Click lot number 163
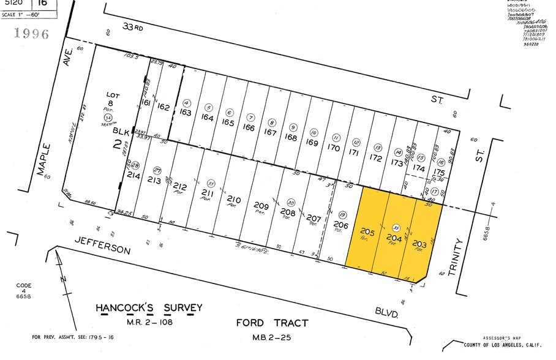click(186, 112)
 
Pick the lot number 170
click(333, 147)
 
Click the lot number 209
click(261, 206)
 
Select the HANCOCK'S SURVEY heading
click(149, 307)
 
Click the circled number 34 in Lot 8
click(108, 117)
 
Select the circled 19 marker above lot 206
click(342, 215)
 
